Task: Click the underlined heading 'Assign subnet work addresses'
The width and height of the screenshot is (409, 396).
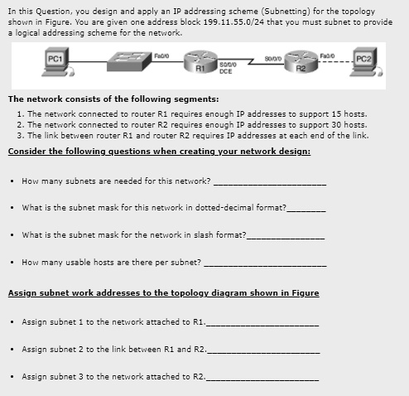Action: click(x=163, y=292)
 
